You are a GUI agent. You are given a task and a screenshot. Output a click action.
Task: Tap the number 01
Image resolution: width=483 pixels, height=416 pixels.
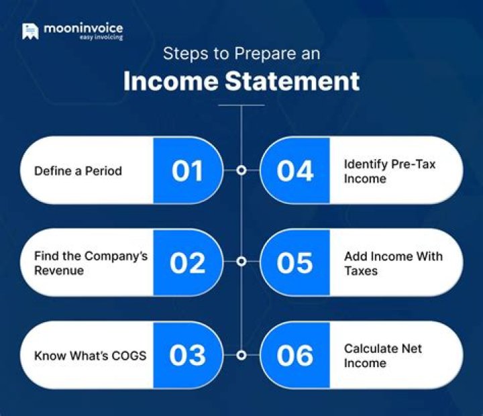click(x=187, y=171)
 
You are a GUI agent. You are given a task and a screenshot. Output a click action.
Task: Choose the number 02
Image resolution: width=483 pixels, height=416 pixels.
click(x=187, y=263)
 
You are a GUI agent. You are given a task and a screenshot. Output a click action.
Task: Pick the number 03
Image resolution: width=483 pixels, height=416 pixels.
click(x=187, y=355)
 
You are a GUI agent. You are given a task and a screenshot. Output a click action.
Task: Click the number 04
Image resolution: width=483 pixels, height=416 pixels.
click(x=295, y=171)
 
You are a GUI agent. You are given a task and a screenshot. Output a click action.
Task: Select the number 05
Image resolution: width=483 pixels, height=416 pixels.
click(x=295, y=263)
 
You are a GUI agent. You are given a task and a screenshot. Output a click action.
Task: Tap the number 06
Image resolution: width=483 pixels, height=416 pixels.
click(x=295, y=355)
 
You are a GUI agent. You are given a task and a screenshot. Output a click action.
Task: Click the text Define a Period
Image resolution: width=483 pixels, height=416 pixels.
click(x=78, y=171)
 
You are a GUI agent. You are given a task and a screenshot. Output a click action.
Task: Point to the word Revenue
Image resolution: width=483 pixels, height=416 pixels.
click(x=59, y=270)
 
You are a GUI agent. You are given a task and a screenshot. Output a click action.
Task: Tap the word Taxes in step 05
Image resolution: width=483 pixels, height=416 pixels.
click(x=360, y=270)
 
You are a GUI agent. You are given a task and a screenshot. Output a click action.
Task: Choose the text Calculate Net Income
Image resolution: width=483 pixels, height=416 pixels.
click(x=383, y=356)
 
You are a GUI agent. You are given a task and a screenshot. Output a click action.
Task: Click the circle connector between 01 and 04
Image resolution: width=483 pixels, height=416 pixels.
click(x=241, y=170)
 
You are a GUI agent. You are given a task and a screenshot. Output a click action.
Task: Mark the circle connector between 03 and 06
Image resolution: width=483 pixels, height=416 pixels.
click(x=241, y=354)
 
